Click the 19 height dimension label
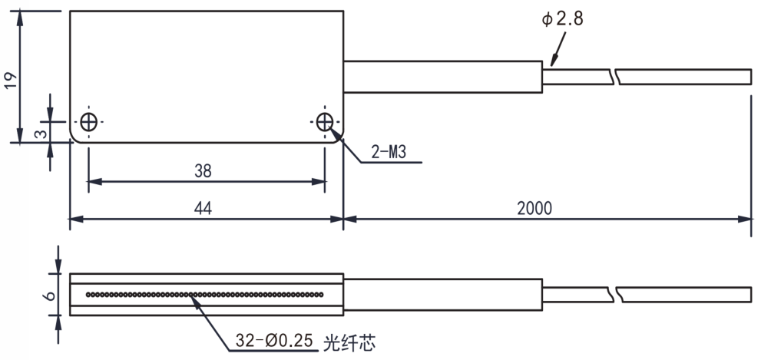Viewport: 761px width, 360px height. coord(11,79)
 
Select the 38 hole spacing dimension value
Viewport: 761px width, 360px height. coord(203,170)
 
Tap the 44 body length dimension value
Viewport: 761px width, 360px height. coord(203,208)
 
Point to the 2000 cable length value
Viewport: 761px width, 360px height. coord(534,208)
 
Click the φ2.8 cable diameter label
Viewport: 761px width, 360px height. coord(563,19)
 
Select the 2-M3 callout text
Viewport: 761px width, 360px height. coord(389,152)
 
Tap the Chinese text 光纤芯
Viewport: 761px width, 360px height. coord(349,342)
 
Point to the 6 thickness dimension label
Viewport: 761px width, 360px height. coord(50,295)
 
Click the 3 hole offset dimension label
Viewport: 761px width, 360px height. coord(43,132)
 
